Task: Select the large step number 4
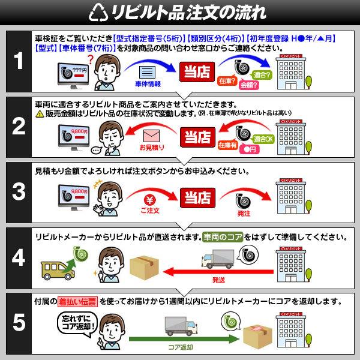coord(19,258)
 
